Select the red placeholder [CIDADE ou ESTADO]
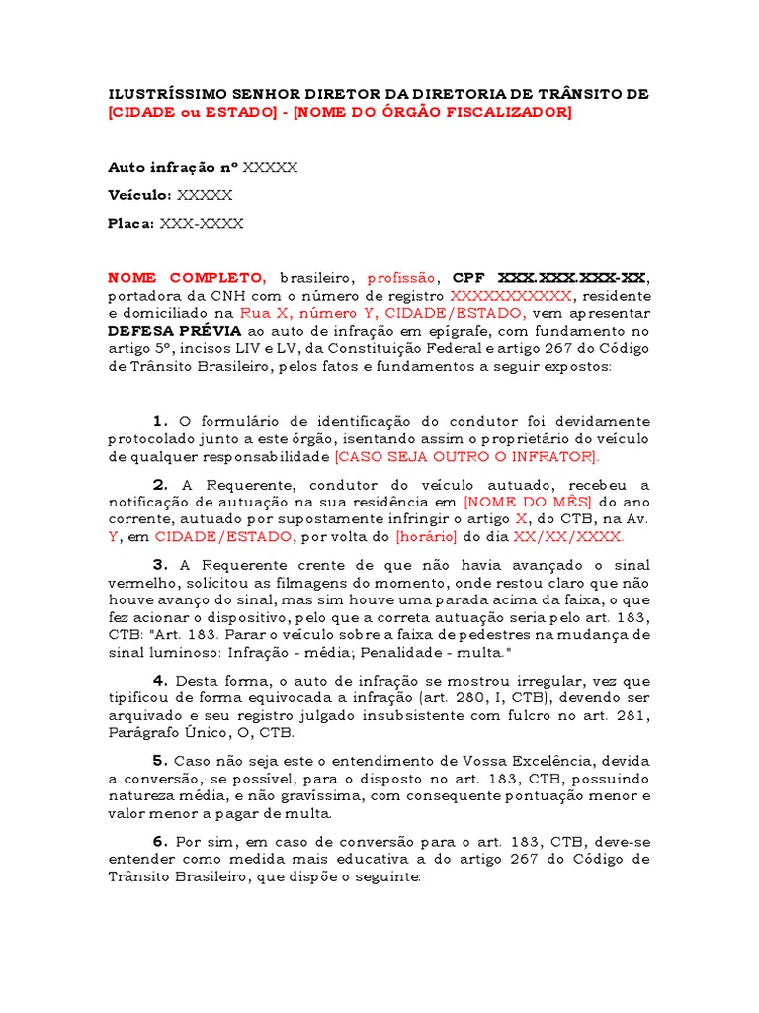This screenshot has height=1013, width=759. coord(193,113)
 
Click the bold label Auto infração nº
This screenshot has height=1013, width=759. coord(172,167)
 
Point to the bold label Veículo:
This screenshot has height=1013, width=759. coord(139,195)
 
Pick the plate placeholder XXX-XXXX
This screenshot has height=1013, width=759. coord(202,224)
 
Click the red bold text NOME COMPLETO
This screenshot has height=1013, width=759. coord(186,278)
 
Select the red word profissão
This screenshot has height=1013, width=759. coord(403,278)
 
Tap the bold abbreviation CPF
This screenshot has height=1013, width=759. coord(469,278)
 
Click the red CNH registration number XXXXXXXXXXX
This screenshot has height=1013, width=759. coord(510,296)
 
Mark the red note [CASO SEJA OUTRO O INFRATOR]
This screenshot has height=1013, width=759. coord(466,457)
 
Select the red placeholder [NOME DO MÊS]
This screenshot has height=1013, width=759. coord(528,502)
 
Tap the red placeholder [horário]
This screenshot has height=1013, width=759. coord(425,537)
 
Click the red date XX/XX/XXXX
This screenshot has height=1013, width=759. coord(568,537)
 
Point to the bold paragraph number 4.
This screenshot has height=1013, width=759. coord(161,681)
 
